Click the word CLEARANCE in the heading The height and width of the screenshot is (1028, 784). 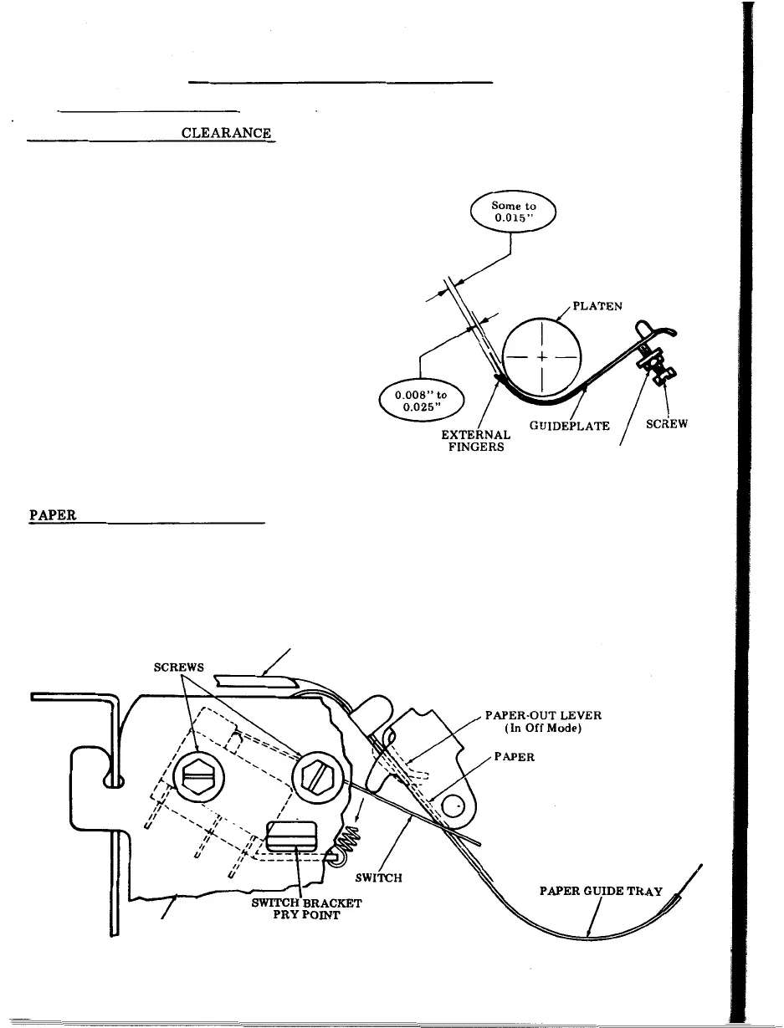coord(226,133)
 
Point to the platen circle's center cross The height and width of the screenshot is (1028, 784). coord(542,357)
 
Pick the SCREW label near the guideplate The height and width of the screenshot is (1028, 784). coord(667,424)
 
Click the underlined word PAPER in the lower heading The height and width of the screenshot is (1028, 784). coord(53,516)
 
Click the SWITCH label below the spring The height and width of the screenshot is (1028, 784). coord(379,878)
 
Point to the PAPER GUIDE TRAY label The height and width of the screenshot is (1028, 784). coord(601,891)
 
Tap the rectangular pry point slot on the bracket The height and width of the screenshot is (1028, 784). coord(292,837)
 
